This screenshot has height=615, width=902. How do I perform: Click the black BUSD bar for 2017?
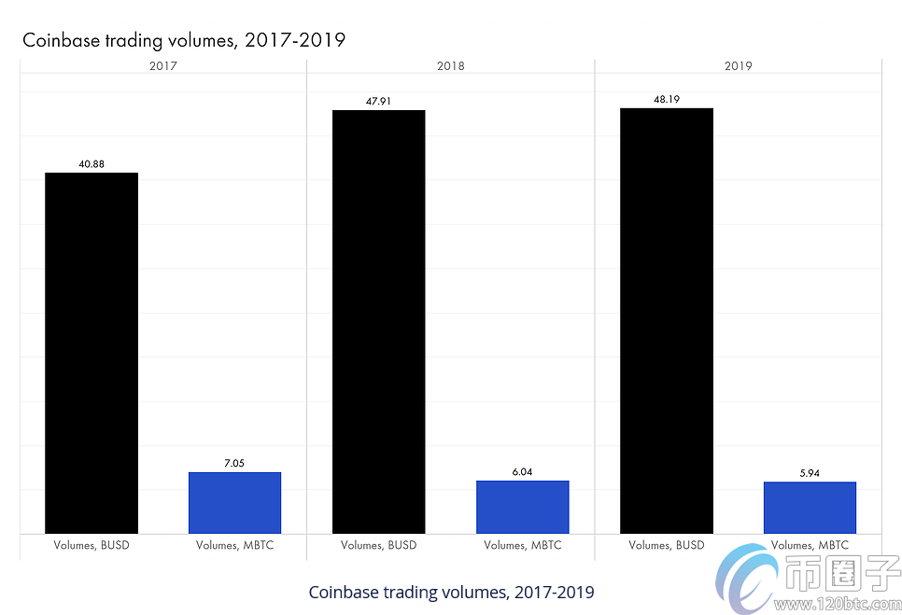[92, 353]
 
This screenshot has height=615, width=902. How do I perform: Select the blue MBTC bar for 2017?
[234, 503]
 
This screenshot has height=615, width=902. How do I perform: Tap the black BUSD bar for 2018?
[378, 322]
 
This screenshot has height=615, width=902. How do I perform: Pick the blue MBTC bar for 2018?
[522, 507]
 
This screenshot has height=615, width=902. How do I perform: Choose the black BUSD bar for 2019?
[666, 320]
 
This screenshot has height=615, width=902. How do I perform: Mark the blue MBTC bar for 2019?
[810, 508]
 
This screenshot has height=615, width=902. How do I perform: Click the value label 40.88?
[92, 164]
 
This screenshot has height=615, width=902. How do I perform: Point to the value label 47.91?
[378, 101]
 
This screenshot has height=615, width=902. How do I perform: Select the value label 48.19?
[666, 99]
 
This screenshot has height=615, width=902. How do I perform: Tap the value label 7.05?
[234, 463]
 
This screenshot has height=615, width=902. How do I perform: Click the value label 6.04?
[522, 472]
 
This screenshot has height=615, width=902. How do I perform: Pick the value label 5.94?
[810, 473]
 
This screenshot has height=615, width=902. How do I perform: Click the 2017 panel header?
[162, 66]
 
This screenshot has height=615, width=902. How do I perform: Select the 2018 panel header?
[450, 66]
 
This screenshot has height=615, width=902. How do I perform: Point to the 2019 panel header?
[738, 66]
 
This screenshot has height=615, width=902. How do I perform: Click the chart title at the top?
[184, 40]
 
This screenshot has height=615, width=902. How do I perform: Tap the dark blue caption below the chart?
[450, 593]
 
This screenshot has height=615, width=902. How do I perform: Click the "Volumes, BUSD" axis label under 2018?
[378, 545]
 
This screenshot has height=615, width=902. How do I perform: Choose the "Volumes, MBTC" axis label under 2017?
[234, 545]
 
